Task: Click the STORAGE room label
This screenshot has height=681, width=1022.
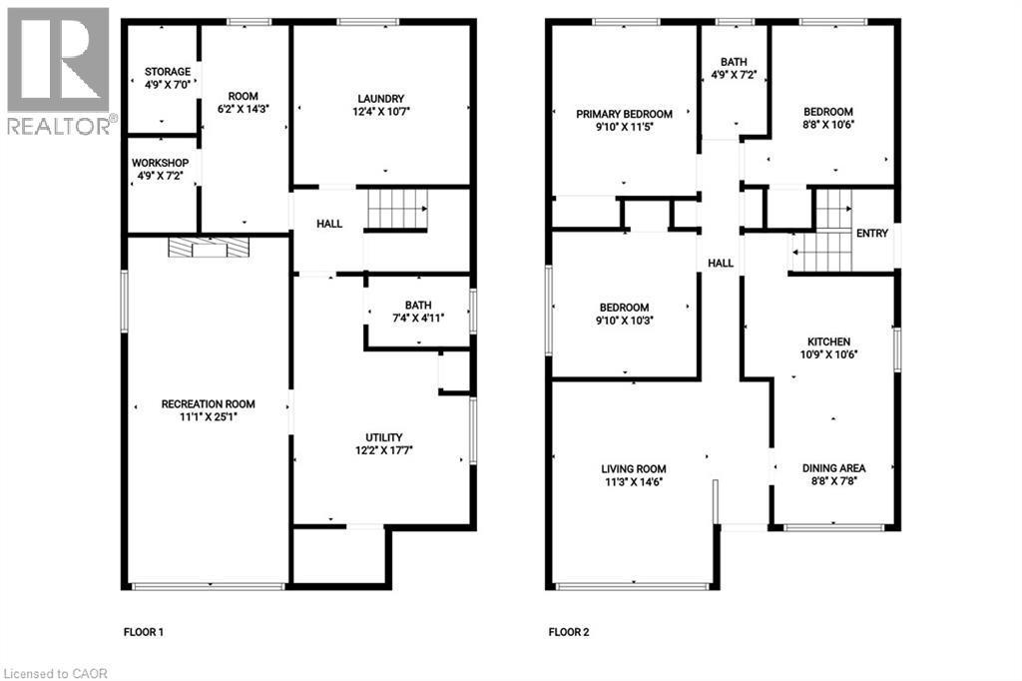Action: click(167, 72)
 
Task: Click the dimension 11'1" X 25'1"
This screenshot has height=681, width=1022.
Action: click(208, 417)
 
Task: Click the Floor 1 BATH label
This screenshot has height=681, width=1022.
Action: click(417, 305)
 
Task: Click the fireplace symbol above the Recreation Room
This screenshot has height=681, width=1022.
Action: click(209, 248)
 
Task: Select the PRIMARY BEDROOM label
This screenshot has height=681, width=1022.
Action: click(624, 114)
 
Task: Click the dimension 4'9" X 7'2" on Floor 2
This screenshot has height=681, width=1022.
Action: click(735, 75)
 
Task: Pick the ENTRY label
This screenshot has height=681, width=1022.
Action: click(871, 233)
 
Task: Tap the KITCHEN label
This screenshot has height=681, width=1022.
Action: click(829, 341)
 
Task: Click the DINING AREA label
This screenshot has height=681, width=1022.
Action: click(833, 467)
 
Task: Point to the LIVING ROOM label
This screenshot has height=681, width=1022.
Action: click(633, 468)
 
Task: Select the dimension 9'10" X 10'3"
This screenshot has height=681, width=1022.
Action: click(624, 321)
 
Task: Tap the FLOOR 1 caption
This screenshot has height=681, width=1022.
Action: click(143, 632)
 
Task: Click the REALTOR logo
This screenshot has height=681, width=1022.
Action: click(58, 70)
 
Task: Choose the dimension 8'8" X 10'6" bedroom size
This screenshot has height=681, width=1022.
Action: click(828, 125)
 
